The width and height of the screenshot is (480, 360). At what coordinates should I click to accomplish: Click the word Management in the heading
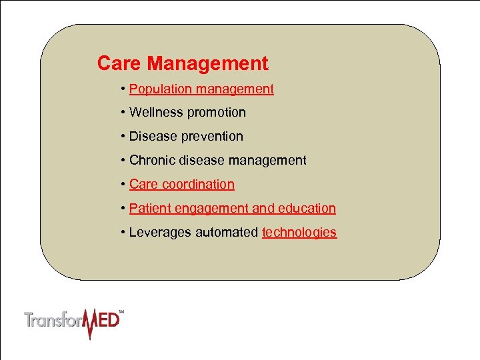point(207,64)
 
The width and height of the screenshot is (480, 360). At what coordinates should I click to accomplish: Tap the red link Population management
point(201,89)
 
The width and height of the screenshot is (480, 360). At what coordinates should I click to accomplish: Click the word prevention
point(210,137)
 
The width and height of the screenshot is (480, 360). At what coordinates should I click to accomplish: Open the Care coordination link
point(182,185)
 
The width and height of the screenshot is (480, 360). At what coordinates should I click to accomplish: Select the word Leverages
point(160,233)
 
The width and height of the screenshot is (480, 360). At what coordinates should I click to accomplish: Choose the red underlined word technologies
point(299,233)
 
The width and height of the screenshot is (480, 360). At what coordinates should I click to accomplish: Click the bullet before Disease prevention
point(124,137)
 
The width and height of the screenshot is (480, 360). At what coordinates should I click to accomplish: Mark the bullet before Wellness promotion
point(124,113)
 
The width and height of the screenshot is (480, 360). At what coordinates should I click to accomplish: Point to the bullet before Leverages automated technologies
point(124,233)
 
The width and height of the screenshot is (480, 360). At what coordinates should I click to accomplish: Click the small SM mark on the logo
point(121,311)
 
